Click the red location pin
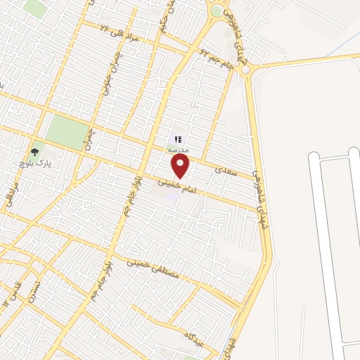tap(181, 166)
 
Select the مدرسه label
tap(176, 150)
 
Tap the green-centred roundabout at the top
tap(216, 11)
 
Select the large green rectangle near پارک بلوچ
tap(66, 131)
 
